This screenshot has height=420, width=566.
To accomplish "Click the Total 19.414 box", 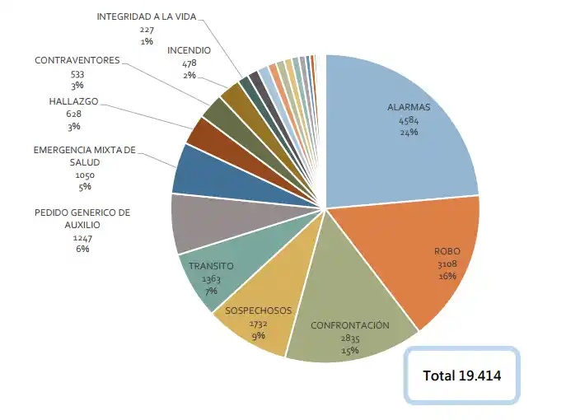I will pos(461,375).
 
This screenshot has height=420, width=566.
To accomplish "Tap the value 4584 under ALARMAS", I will pos(409,120).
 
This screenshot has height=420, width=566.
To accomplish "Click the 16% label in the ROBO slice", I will pos(447,275).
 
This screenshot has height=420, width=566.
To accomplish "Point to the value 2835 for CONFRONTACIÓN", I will pos(349,338).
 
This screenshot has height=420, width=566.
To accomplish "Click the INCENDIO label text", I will pos(189,50).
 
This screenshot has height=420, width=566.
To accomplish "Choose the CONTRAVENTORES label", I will pos(77,61).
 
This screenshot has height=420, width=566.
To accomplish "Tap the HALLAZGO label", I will pos(74,101).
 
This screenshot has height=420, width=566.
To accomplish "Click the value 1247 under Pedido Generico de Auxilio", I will pos(82,237).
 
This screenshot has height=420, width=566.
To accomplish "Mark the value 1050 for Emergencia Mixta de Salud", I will pos(85,175).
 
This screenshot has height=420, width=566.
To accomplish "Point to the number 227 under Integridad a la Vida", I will pos(147,29).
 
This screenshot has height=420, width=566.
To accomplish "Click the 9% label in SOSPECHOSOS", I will pos(259,335).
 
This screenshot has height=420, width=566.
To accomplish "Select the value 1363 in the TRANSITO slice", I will pos(211,280).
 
